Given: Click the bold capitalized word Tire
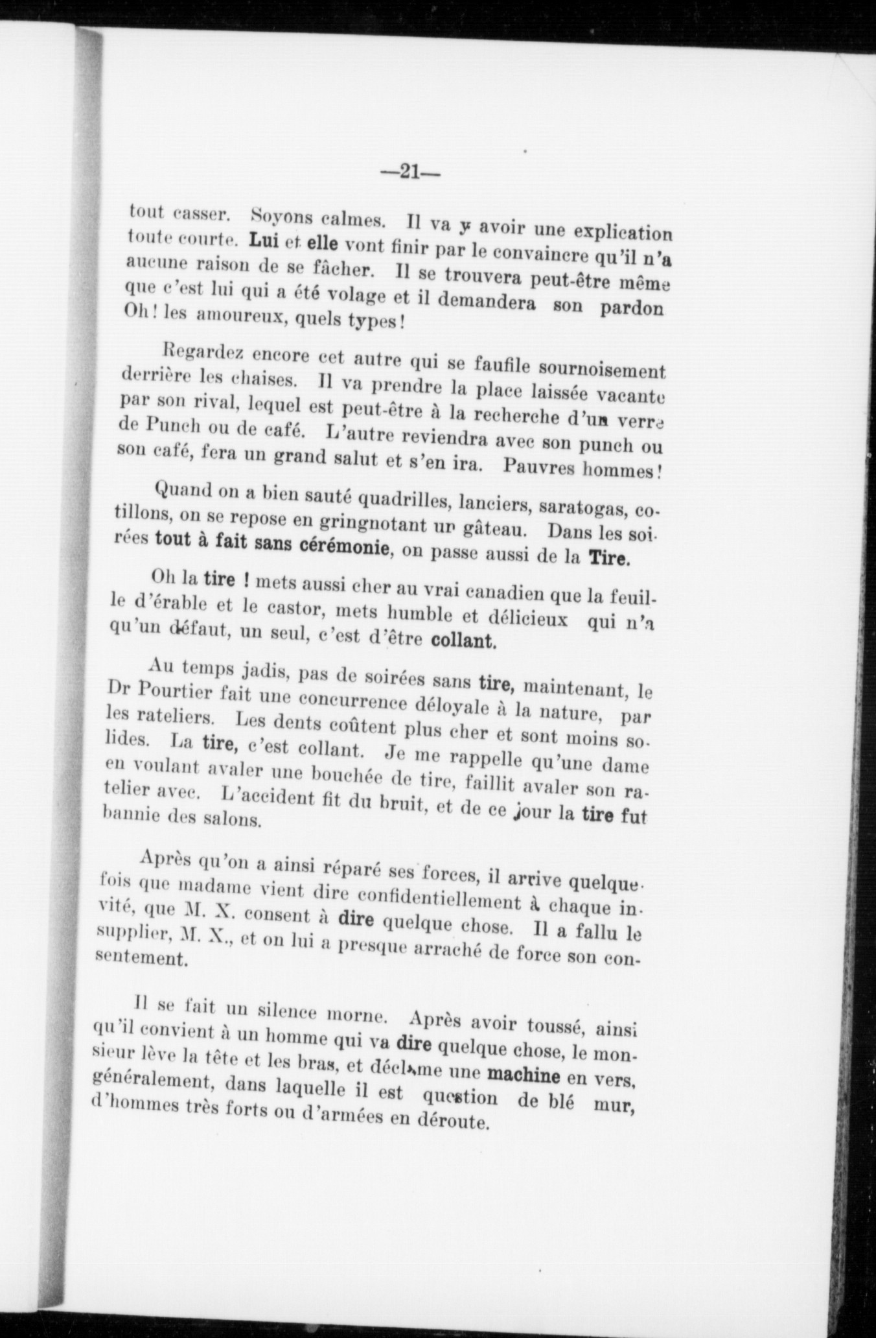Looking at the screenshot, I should click(608, 559).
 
